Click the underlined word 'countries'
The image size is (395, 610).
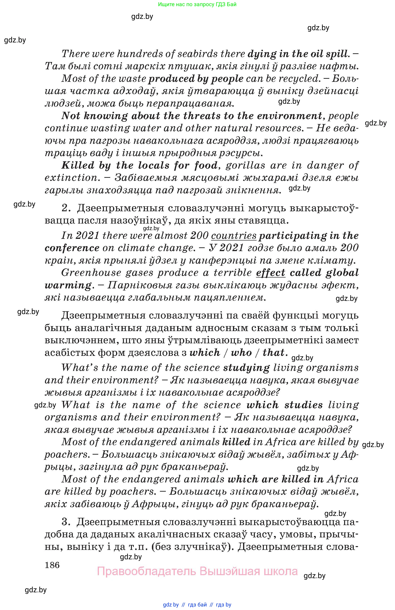(x=233, y=236)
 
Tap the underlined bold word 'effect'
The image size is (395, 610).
(x=270, y=273)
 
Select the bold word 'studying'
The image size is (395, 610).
(x=246, y=368)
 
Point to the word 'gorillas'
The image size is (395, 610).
(x=245, y=165)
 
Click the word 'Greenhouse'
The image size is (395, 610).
(x=91, y=273)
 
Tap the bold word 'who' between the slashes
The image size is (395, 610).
(x=241, y=353)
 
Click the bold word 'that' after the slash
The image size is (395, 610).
(x=273, y=353)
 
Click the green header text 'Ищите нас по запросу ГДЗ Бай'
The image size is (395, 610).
(x=197, y=4)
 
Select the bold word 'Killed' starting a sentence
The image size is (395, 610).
(x=78, y=165)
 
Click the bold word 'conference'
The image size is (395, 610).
(x=72, y=248)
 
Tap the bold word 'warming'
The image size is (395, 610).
(x=68, y=285)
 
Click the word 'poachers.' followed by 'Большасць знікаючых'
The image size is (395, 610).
(x=66, y=455)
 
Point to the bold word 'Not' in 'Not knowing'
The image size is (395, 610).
(x=70, y=116)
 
